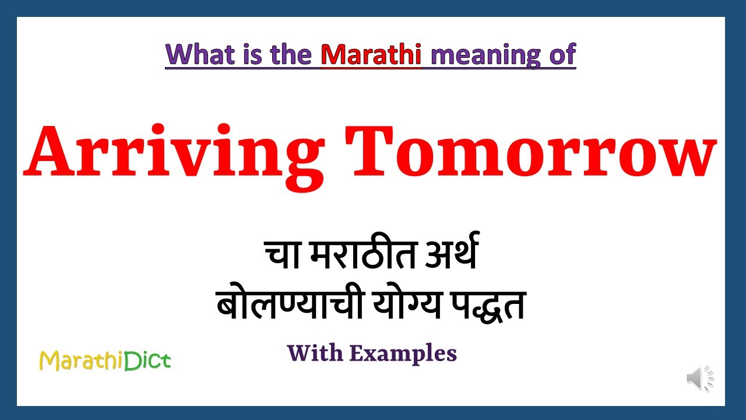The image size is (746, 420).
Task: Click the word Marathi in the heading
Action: [371, 54]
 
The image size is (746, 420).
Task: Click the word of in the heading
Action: [561, 54]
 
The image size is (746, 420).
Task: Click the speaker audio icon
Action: [699, 379]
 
